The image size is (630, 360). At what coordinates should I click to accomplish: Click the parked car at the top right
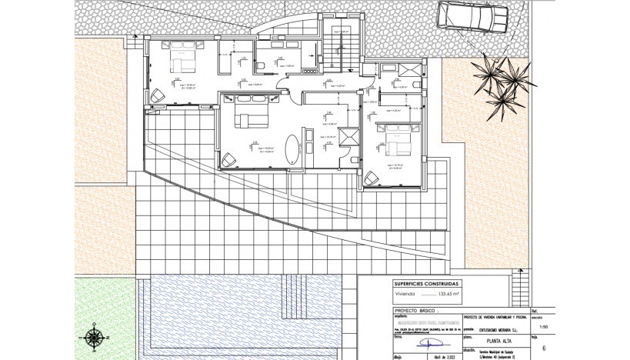[473, 15]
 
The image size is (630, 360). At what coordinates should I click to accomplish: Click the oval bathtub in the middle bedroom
[293, 149]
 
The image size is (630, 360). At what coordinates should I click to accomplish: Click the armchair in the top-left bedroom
[157, 96]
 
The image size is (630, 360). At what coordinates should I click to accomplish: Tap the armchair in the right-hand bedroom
[372, 178]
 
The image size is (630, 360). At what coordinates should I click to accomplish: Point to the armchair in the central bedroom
[229, 160]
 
